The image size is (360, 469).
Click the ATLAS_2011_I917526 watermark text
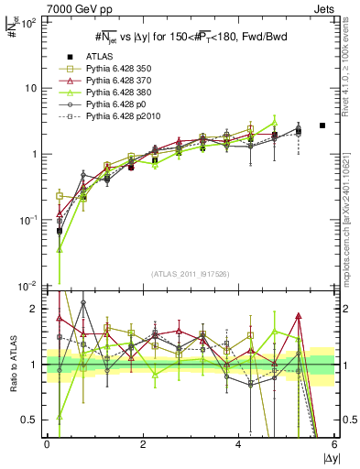point(190,275)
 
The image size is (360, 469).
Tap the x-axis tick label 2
point(143,444)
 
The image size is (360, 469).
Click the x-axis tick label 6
point(334,444)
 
